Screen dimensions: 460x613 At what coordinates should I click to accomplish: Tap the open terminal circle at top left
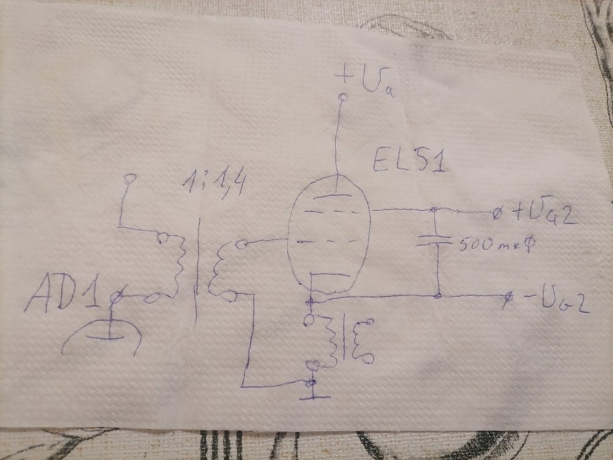pos(128,178)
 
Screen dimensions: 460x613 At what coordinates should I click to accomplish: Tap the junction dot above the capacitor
pos(435,210)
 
